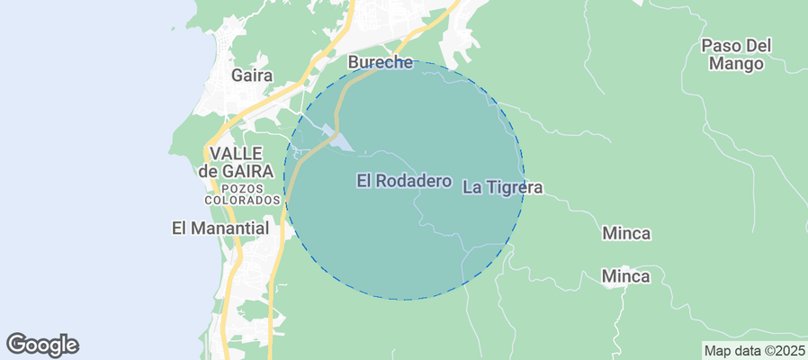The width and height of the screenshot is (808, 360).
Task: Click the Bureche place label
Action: pos(380,63)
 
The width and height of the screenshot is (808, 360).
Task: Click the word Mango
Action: pos(736,64)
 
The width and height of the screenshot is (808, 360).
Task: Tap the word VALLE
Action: pos(234,153)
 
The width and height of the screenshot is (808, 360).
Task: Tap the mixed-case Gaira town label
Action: pos(252,76)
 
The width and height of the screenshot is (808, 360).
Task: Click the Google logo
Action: pos(42,345)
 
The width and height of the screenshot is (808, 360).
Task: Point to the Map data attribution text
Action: pos(754,350)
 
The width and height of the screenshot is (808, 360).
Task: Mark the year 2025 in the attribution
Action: pos(789,350)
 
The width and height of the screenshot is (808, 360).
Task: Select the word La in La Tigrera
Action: pos(471,187)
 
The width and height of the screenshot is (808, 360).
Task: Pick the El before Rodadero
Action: pos(364,181)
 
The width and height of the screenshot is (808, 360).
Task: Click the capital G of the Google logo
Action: pos(16,344)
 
